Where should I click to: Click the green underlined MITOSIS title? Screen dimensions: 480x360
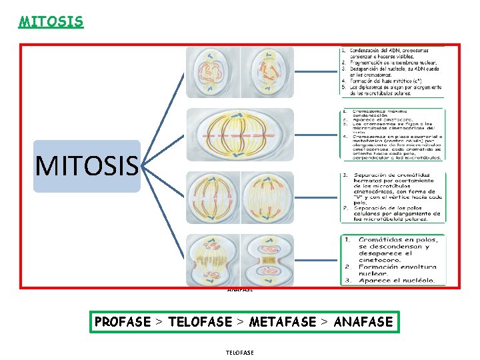[x=51, y=21]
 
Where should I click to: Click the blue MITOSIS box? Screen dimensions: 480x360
[x=87, y=166]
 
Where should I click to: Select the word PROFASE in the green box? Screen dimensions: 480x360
[x=123, y=322]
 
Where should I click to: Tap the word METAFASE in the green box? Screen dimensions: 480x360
[x=282, y=322]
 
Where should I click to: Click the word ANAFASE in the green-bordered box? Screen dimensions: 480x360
[x=363, y=322]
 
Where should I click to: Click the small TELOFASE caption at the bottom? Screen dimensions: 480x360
[x=239, y=352]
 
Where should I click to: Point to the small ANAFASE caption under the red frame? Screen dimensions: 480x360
[x=239, y=289]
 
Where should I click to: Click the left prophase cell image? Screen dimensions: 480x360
[x=211, y=72]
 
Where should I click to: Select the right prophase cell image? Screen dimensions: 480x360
[x=267, y=72]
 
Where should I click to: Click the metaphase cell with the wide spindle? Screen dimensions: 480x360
[x=239, y=135]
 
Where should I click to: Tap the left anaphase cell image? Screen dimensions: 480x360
[x=211, y=197]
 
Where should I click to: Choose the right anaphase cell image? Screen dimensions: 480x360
[x=267, y=197]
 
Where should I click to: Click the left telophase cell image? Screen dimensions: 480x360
[x=211, y=259]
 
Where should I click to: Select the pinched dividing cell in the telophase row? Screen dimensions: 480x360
[x=267, y=259]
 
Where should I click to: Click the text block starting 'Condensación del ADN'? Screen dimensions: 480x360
[x=392, y=72]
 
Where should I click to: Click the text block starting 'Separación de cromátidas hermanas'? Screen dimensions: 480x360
[x=392, y=197]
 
